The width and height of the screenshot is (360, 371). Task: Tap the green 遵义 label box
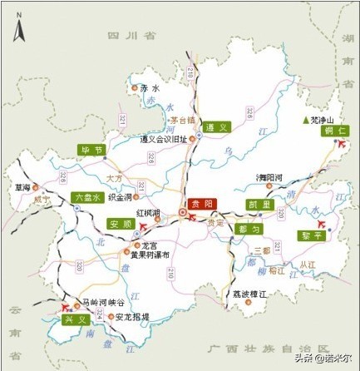point(217,127)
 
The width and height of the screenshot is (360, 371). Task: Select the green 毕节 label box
point(91,150)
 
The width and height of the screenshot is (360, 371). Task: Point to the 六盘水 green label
point(86,198)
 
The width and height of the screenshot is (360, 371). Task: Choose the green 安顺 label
point(120,224)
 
